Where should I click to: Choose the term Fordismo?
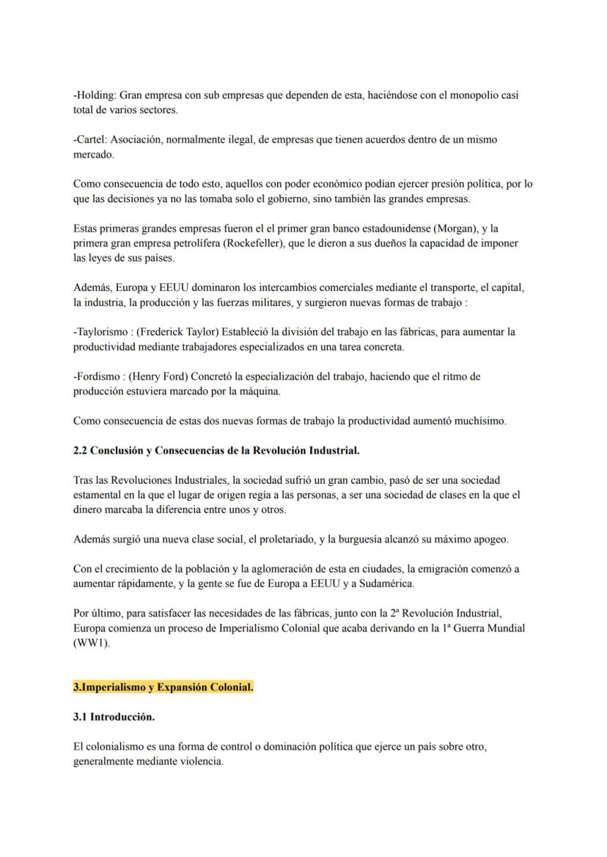96,377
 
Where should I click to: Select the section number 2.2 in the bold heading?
81,451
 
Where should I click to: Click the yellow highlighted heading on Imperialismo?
163,687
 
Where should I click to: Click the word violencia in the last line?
198,761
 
